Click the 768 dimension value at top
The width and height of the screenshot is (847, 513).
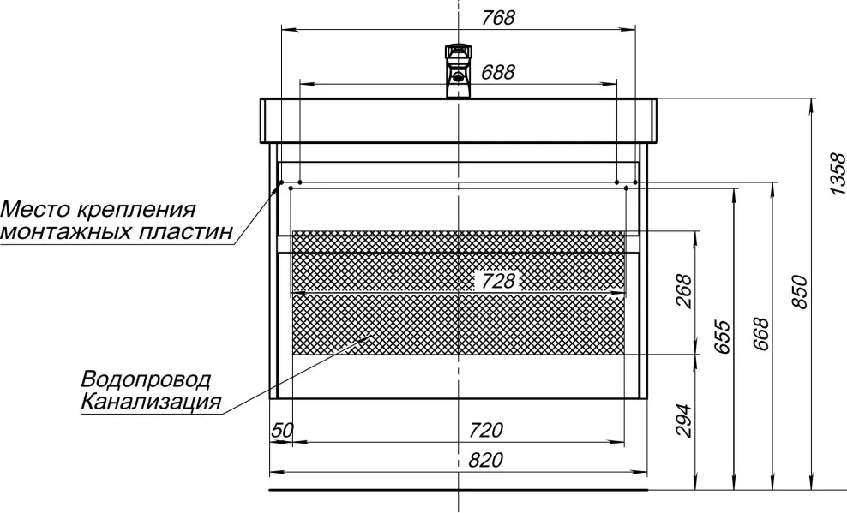pyautogui.click(x=498, y=18)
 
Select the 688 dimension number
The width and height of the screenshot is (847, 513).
pyautogui.click(x=498, y=72)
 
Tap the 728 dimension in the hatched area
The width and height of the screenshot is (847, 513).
pyautogui.click(x=498, y=281)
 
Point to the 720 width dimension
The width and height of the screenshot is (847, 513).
pyautogui.click(x=485, y=431)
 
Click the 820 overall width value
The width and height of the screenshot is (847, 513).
pyautogui.click(x=485, y=460)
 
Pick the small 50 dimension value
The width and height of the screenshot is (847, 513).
pyautogui.click(x=282, y=431)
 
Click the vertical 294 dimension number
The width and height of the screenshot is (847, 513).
pyautogui.click(x=683, y=421)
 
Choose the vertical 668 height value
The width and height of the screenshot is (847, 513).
pyautogui.click(x=760, y=334)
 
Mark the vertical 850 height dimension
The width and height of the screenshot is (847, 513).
pyautogui.click(x=800, y=292)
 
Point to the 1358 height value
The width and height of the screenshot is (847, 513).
pyautogui.click(x=838, y=174)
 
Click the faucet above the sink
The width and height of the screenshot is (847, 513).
pyautogui.click(x=459, y=71)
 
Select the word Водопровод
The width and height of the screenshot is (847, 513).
pyautogui.click(x=146, y=379)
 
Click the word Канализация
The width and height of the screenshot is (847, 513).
pyautogui.click(x=151, y=402)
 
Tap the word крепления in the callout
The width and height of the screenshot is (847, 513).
pyautogui.click(x=135, y=209)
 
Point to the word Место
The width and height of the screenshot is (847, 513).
pyautogui.click(x=36, y=209)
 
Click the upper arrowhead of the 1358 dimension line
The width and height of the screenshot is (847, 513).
pyautogui.click(x=811, y=104)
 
